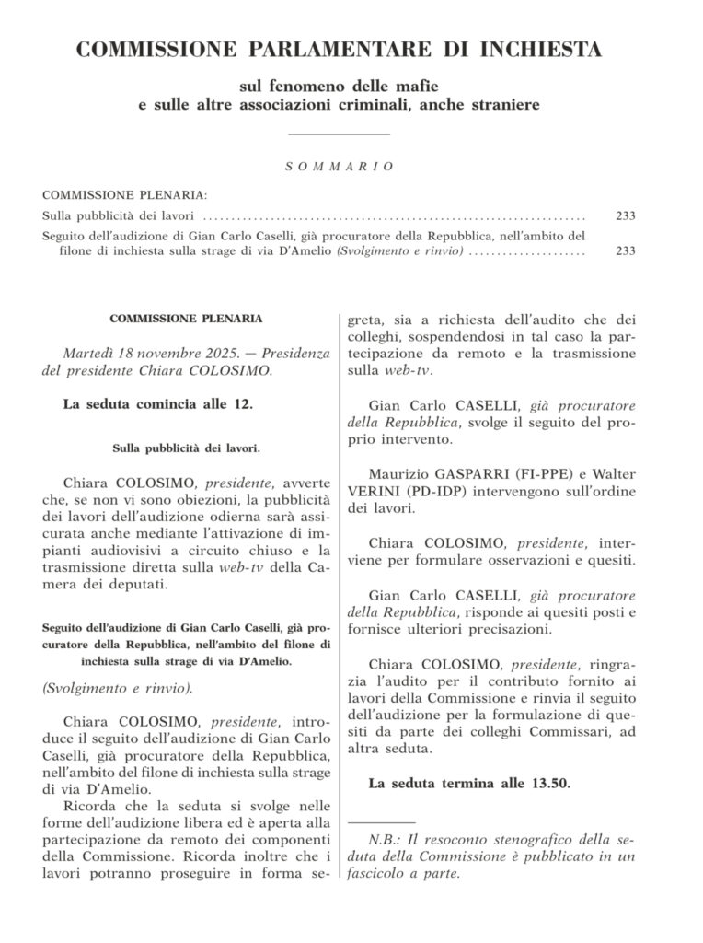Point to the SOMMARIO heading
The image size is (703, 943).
(339, 167)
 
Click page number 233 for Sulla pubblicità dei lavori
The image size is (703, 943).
(626, 217)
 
